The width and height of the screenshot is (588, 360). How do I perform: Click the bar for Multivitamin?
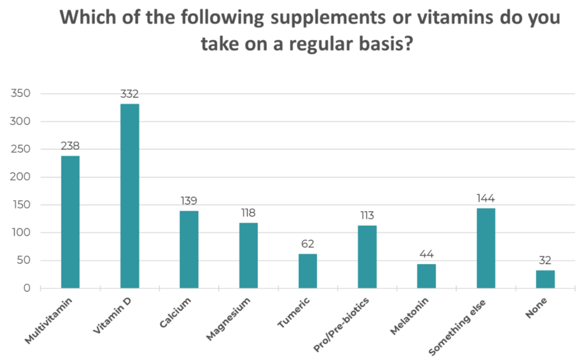(70, 222)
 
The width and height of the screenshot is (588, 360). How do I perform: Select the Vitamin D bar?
(129, 196)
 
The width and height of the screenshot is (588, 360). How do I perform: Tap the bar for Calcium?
(189, 249)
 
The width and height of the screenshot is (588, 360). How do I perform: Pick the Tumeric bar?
(308, 270)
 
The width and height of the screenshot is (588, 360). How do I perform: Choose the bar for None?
(546, 279)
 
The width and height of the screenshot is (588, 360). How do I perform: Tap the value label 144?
(486, 199)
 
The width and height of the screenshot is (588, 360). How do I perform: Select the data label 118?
(248, 213)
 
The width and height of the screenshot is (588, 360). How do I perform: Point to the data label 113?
(367, 216)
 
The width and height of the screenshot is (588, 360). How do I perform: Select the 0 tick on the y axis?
(27, 288)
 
